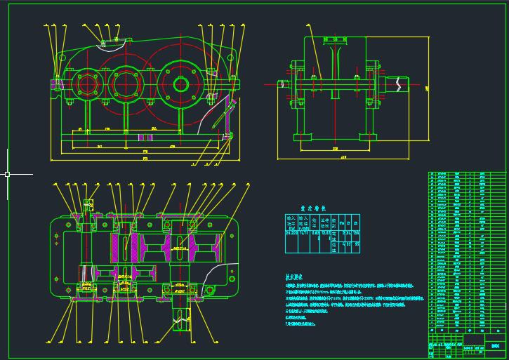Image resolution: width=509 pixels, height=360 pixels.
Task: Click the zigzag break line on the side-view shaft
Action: pyautogui.click(x=399, y=83)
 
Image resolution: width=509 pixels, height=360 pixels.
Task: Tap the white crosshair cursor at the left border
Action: pyautogui.click(x=7, y=173)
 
